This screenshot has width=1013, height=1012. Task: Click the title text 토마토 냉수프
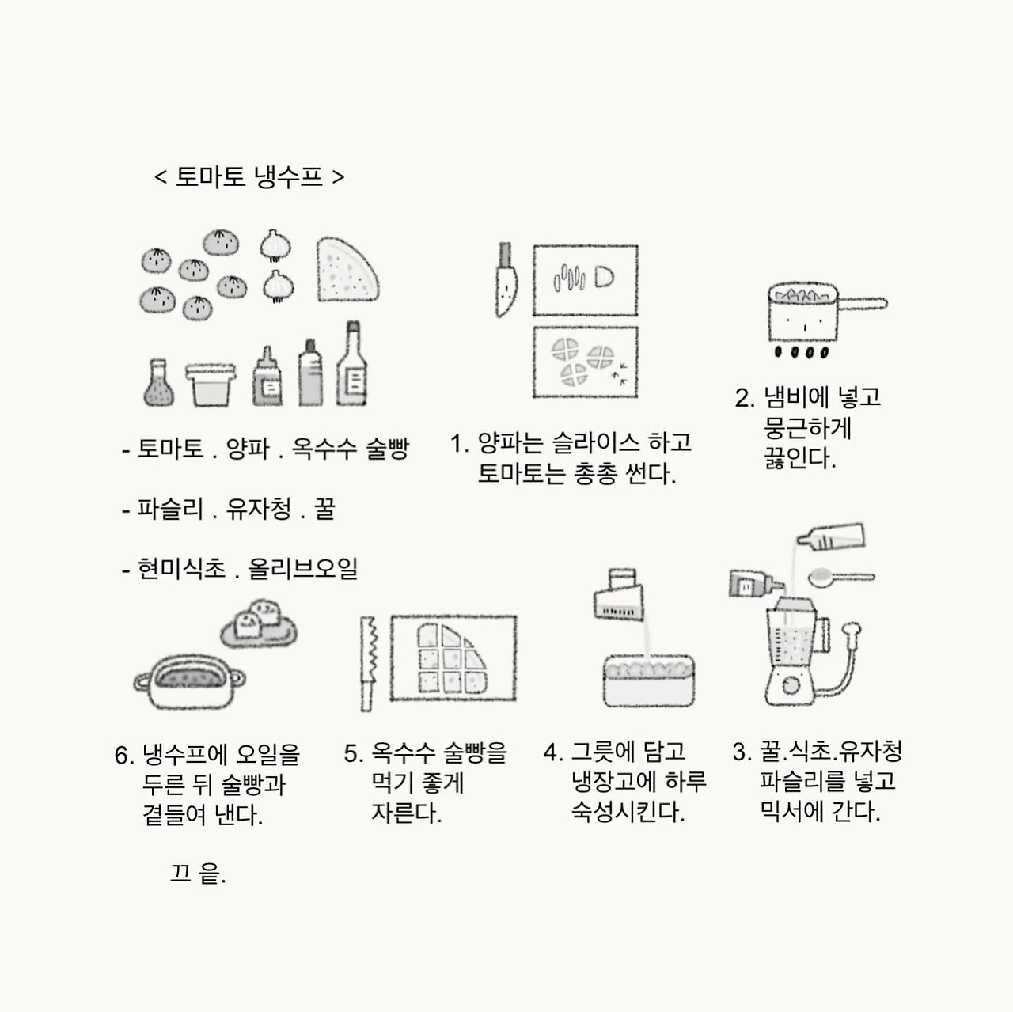pyautogui.click(x=249, y=176)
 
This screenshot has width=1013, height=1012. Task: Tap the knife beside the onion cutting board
pyautogui.click(x=505, y=281)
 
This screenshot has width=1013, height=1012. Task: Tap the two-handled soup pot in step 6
pyautogui.click(x=189, y=682)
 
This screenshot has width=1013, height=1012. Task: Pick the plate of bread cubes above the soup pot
pyautogui.click(x=259, y=624)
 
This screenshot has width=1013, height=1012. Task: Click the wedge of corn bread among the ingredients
pyautogui.click(x=345, y=271)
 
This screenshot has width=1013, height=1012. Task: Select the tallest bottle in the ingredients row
pyautogui.click(x=351, y=365)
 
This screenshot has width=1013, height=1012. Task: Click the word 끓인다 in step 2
pyautogui.click(x=799, y=458)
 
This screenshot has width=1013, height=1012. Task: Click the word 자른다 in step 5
pyautogui.click(x=406, y=813)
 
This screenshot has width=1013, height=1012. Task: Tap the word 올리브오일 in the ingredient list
pyautogui.click(x=303, y=568)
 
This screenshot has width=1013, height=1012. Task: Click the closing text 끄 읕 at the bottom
pyautogui.click(x=198, y=874)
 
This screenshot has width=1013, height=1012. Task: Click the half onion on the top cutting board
pyautogui.click(x=604, y=278)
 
